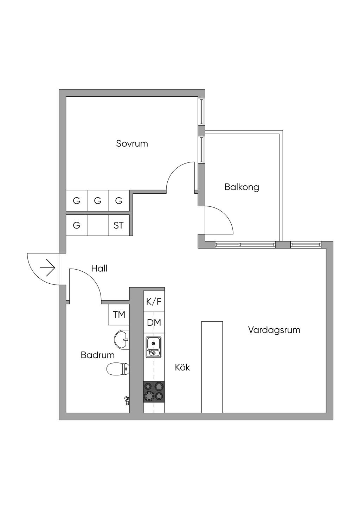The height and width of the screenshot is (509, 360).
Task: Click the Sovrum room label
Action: coord(132,143)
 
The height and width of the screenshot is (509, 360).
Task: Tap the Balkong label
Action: coord(242,187)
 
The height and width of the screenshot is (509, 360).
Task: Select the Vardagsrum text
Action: coord(274,330)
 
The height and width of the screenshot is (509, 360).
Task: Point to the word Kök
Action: coord(182,367)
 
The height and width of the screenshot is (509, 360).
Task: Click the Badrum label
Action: coord(97,355)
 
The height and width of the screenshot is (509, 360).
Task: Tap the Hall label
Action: coord(99,269)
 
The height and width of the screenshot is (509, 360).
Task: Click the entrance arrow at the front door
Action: coord(48,269)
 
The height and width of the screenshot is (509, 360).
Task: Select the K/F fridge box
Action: coord(154,301)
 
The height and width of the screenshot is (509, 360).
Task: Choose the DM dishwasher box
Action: coord(154,322)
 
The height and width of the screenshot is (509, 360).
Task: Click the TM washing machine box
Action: coord(119,315)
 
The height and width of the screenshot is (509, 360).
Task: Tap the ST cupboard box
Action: coord(118,225)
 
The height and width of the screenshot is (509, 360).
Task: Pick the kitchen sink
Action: coord(154,347)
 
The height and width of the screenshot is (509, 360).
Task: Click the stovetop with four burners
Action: coord(154,392)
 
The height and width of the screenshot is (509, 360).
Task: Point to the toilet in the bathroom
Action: coord(118,369)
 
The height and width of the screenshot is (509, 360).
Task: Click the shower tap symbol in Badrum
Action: coord(127,400)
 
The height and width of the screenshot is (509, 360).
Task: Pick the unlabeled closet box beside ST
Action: coord(97,225)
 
